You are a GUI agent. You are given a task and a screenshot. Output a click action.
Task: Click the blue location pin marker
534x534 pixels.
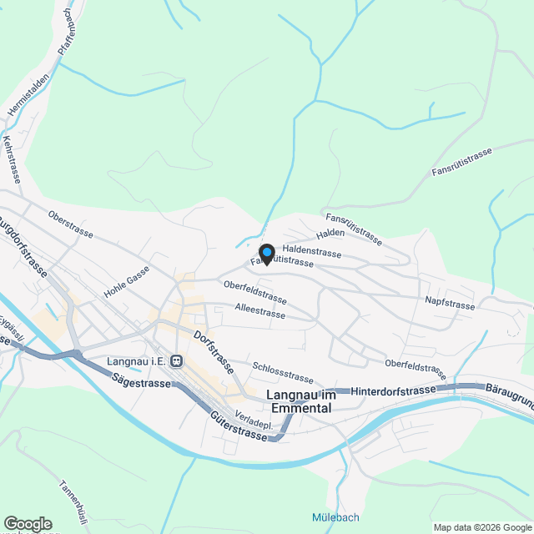click(x=267, y=253)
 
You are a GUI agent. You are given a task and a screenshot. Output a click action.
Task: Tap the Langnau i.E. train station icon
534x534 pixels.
click(x=176, y=361)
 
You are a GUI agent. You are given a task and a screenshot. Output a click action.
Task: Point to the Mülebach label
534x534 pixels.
click(x=335, y=517)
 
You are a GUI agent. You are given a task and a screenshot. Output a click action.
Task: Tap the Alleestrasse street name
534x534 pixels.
click(x=260, y=312)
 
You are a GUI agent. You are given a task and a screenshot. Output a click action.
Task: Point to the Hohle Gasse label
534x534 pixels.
click(x=126, y=283)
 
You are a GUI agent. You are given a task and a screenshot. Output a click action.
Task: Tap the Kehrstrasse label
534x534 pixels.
click(x=12, y=159)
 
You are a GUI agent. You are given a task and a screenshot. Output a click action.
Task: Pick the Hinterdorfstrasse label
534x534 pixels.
click(x=394, y=390)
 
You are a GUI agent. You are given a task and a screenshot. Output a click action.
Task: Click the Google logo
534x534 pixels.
click(x=28, y=524)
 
